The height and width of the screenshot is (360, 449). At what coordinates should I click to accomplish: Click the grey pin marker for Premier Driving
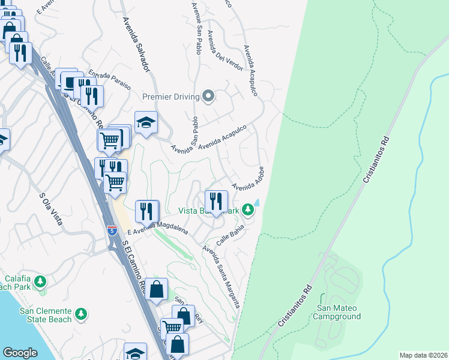[208, 96]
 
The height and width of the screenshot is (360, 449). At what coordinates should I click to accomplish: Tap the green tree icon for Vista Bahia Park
[247, 211]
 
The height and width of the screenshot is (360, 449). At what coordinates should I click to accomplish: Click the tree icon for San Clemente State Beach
[81, 314]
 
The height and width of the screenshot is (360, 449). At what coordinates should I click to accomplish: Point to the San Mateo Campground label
[339, 312]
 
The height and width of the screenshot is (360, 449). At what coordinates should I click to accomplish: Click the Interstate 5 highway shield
[112, 230]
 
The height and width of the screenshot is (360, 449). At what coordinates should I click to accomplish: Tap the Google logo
[20, 353]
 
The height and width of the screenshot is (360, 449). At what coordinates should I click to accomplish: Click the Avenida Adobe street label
[248, 178]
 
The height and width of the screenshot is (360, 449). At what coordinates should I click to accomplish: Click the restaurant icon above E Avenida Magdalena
[146, 211]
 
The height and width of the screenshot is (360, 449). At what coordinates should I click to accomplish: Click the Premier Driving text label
[171, 97]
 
